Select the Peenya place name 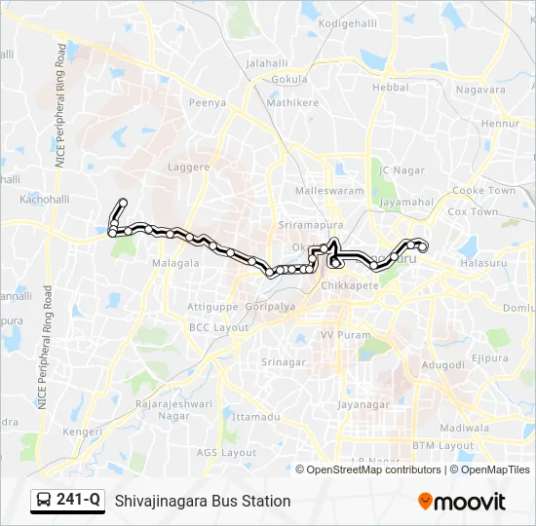[207, 101]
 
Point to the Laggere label [189, 167]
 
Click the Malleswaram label [329, 191]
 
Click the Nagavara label [481, 90]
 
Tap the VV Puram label [341, 334]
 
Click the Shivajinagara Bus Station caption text [203, 501]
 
